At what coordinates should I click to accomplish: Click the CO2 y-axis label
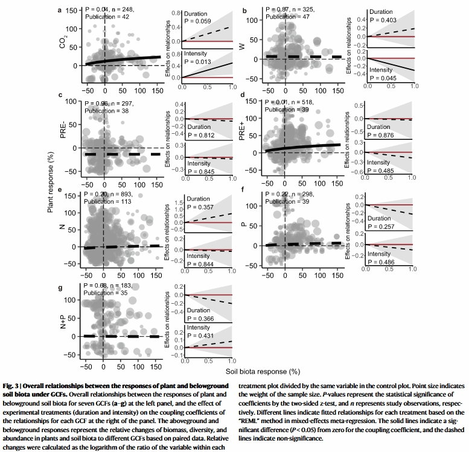pyautogui.click(x=63, y=44)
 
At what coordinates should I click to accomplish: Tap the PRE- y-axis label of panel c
pyautogui.click(x=63, y=132)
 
